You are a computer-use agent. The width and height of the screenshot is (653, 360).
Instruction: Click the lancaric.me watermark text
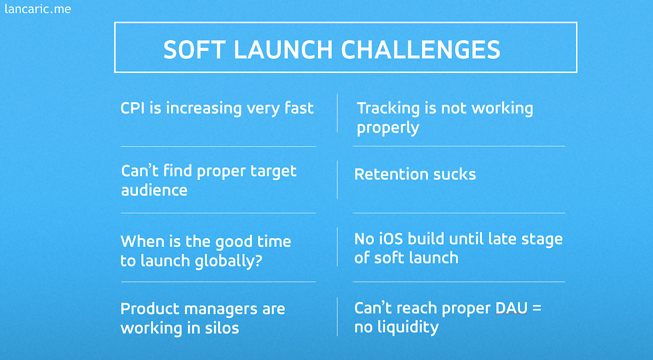point(37,9)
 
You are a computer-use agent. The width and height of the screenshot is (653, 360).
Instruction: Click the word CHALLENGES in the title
point(421,49)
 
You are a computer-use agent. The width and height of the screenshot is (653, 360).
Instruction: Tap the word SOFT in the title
point(195,49)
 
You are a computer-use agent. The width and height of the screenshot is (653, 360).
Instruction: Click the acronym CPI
point(133,108)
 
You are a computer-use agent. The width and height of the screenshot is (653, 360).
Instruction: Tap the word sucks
point(454,174)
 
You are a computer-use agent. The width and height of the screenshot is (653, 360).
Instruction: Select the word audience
point(154,190)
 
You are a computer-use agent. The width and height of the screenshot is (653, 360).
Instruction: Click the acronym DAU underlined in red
point(512,308)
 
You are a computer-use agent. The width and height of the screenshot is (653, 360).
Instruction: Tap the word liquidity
point(405,327)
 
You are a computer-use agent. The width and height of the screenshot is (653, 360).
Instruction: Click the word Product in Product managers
point(150,308)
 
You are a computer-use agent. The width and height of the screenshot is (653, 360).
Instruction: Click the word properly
point(388,128)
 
